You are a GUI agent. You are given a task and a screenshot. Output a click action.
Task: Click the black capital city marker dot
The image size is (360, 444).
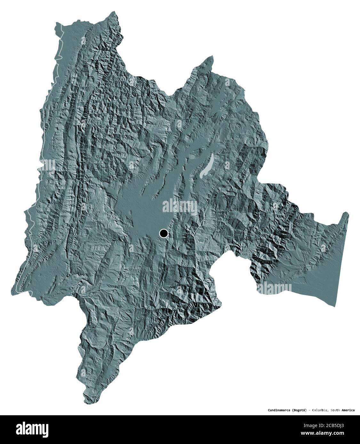(164, 234)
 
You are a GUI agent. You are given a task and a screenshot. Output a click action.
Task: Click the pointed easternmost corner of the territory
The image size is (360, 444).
(347, 212)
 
